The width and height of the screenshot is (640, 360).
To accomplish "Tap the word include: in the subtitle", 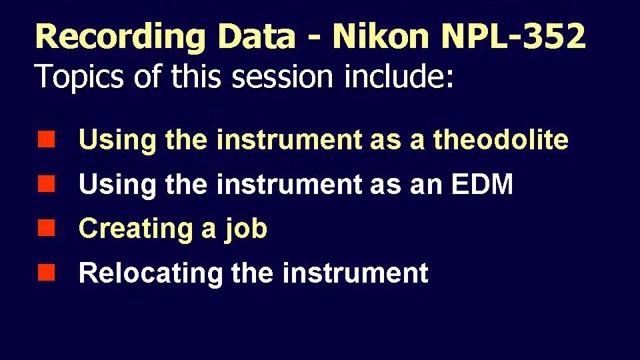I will [x=405, y=76].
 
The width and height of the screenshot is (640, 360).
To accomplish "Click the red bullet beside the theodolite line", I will [x=45, y=139].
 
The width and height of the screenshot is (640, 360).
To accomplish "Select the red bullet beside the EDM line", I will [x=45, y=184].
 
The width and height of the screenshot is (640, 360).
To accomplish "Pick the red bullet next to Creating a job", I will [x=45, y=228].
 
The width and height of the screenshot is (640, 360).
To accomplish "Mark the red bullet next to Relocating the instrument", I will [x=45, y=272].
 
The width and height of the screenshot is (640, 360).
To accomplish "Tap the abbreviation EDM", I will [x=486, y=184].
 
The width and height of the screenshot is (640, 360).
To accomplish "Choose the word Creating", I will [x=124, y=229].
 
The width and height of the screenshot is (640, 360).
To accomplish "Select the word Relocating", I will [x=136, y=273].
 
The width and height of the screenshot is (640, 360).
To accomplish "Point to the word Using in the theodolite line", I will [x=109, y=140].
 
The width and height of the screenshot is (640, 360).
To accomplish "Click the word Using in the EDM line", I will [x=109, y=184].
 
